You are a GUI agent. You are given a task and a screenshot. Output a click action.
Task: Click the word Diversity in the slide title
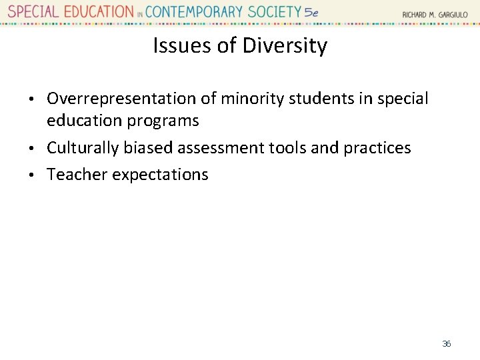[x=285, y=46]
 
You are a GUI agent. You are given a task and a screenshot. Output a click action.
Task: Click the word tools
[x=291, y=147]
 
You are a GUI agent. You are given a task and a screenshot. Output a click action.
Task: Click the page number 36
[x=447, y=344]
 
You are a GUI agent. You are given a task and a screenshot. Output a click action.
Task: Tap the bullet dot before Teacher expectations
[x=38, y=175]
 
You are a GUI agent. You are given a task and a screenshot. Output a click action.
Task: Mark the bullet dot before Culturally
[x=38, y=148]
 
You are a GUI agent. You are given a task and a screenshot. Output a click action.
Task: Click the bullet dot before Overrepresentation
[x=38, y=99]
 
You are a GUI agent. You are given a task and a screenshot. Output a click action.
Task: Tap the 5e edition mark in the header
[x=311, y=12]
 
